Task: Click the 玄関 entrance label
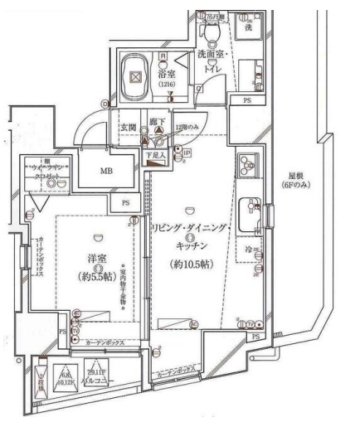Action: (128, 127)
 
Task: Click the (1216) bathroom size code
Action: (166, 85)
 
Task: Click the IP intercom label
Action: (187, 155)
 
